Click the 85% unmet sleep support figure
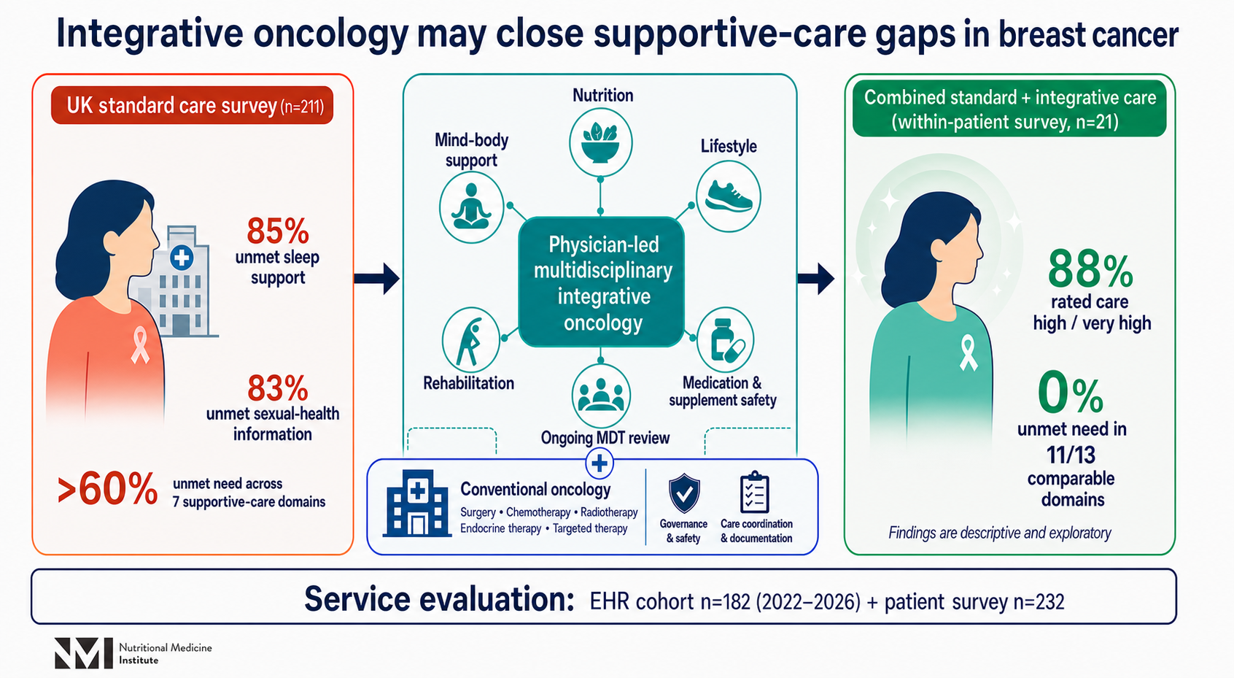point(278,231)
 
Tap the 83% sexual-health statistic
point(278,388)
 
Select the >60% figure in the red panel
point(107,489)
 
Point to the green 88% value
point(1090,269)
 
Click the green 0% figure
point(1071,393)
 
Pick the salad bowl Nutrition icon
point(600,142)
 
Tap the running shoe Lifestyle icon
point(729,197)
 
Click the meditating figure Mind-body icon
point(471,207)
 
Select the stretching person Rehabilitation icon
point(470,340)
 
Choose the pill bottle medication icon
point(725,340)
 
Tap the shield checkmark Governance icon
point(684,494)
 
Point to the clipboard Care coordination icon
point(754,492)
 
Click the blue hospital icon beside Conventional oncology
point(417,504)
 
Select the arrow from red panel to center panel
point(377,278)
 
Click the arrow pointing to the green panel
point(816,278)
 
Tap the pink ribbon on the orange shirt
point(140,345)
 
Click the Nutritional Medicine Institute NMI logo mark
point(84,653)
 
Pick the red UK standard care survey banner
point(193,105)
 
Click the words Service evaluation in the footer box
point(439,599)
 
